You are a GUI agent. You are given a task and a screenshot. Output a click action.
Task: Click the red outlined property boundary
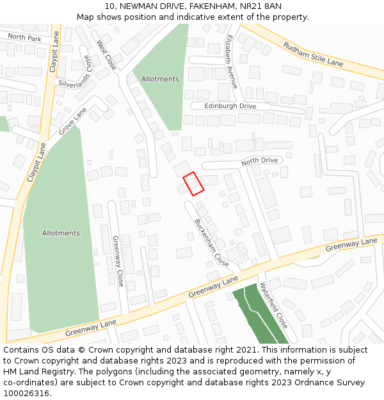(193, 184)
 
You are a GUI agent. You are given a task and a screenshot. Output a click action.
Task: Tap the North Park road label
(24, 38)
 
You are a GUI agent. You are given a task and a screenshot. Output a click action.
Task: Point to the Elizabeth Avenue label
(231, 61)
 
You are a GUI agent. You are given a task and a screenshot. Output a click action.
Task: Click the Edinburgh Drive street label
(230, 106)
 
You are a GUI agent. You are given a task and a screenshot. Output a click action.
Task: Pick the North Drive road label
(260, 161)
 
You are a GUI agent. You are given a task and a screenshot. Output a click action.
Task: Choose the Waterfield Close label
(274, 305)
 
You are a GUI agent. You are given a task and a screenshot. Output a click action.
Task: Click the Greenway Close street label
(118, 261)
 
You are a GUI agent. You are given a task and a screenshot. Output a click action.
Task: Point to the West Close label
(106, 56)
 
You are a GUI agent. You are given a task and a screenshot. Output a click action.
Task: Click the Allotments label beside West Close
(160, 79)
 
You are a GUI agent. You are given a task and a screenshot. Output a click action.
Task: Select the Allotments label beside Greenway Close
(61, 233)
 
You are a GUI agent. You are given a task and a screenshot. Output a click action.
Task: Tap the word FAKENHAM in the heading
(200, 6)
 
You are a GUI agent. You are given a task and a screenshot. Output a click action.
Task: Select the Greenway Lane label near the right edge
(351, 244)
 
